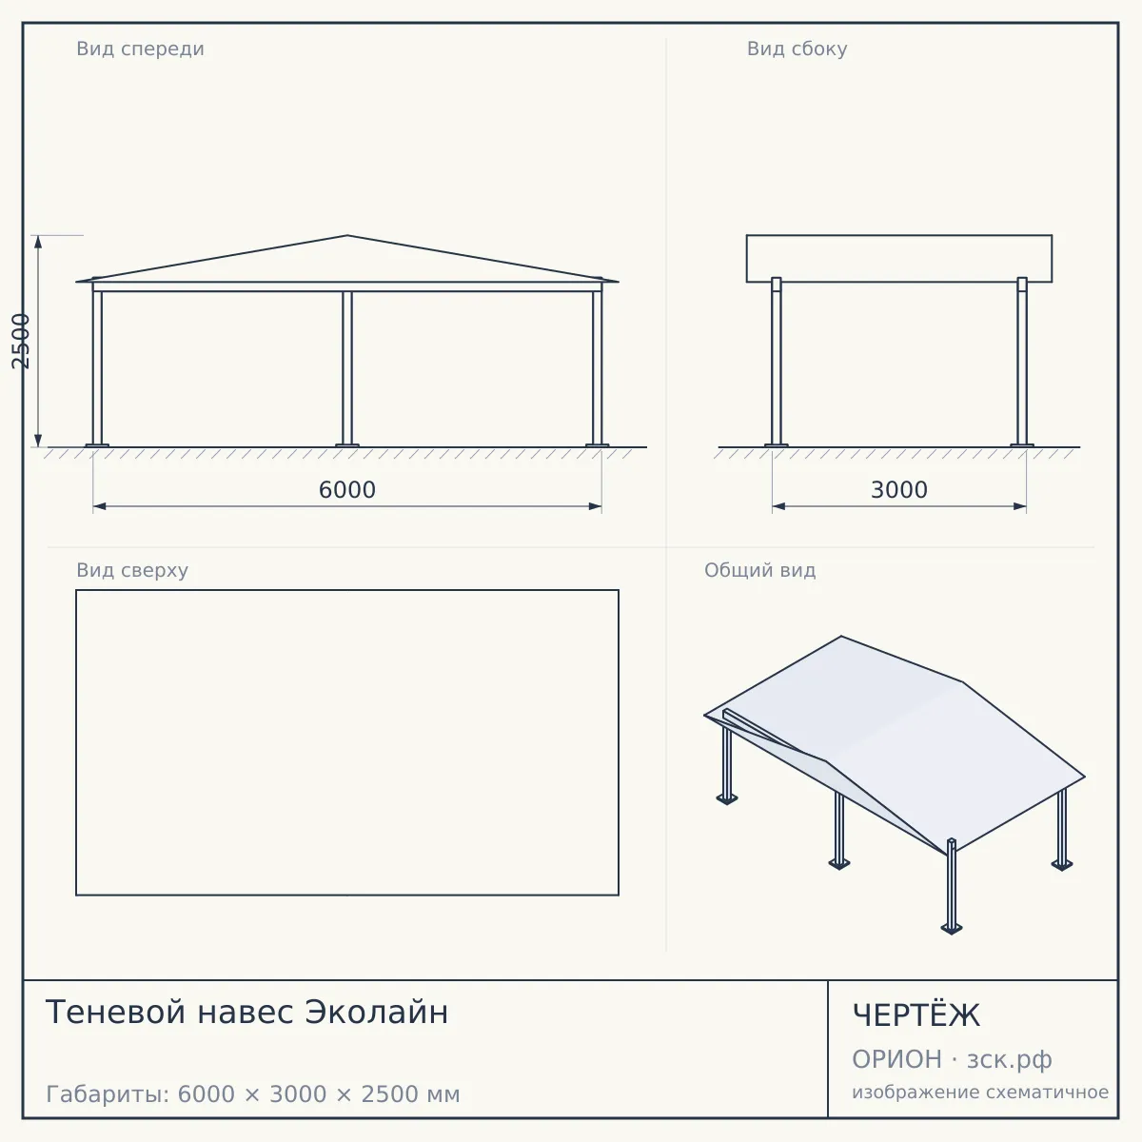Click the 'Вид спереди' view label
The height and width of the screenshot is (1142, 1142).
pos(140,49)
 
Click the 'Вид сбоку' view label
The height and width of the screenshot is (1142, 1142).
pos(797,49)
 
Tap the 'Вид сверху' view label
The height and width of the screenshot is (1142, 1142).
pos(132,570)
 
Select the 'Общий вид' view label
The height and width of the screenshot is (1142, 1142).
pos(759,570)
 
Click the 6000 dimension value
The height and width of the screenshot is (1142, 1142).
pos(347,490)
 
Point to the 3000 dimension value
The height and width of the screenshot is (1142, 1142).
pos(899,490)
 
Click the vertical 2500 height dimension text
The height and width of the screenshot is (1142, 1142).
pos(21,342)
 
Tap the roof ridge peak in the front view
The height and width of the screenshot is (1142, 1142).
pos(347,236)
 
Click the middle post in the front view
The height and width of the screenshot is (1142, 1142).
pos(347,368)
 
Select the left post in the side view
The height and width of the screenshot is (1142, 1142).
pos(777,361)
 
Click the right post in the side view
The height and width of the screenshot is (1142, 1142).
pos(1022,361)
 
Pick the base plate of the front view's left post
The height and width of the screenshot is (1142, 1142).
pos(97,445)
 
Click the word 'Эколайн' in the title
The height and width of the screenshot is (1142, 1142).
pos(376,1013)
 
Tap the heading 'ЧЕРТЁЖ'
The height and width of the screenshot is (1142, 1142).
pos(916,1015)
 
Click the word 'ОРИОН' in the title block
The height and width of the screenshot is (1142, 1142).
pos(896,1059)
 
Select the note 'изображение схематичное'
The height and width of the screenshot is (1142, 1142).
pos(980,1092)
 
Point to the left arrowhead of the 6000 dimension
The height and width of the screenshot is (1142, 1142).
pos(100,506)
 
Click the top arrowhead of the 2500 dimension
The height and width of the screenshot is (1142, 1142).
pos(38,242)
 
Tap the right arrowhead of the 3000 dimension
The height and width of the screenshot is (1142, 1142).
pos(1020,506)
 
